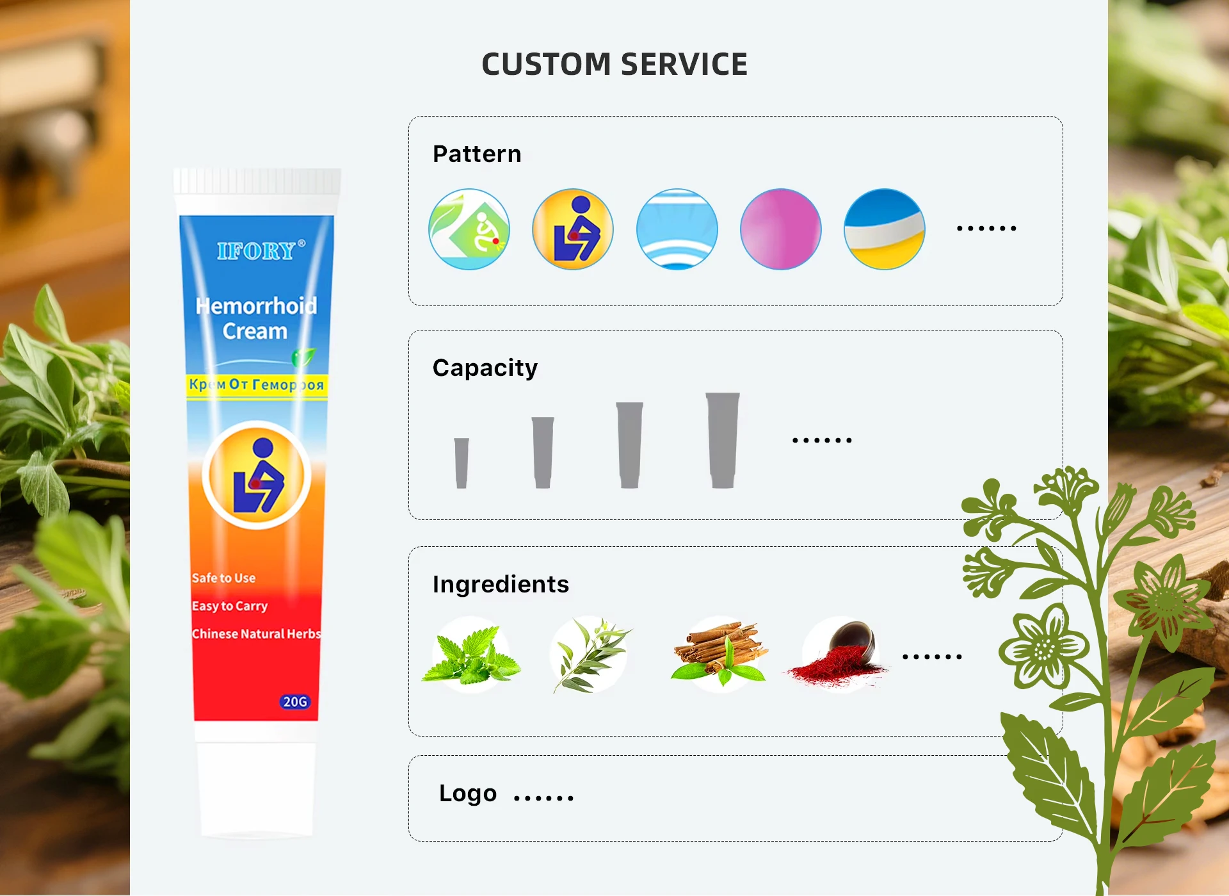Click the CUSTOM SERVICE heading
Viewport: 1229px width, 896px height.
pyautogui.click(x=614, y=65)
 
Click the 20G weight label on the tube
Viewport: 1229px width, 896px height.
pyautogui.click(x=295, y=702)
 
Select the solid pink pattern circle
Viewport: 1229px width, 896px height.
pyautogui.click(x=780, y=229)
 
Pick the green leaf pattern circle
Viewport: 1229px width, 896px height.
pyautogui.click(x=469, y=229)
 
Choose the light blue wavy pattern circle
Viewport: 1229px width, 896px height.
pyautogui.click(x=677, y=229)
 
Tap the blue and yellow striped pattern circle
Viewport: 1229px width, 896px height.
pyautogui.click(x=884, y=229)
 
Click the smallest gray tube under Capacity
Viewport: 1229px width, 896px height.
pyautogui.click(x=462, y=462)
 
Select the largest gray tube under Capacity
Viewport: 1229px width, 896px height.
pyautogui.click(x=723, y=440)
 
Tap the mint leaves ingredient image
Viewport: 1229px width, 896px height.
pyautogui.click(x=471, y=655)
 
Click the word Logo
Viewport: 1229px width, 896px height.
pyautogui.click(x=468, y=794)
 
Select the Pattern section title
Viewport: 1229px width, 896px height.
pyautogui.click(x=477, y=154)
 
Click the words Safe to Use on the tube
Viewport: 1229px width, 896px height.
pyautogui.click(x=223, y=578)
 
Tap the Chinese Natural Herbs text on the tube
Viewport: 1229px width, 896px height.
pyautogui.click(x=256, y=634)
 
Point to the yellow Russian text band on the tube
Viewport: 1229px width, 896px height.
pyautogui.click(x=257, y=386)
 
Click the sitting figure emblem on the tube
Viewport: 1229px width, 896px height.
pyautogui.click(x=257, y=476)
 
